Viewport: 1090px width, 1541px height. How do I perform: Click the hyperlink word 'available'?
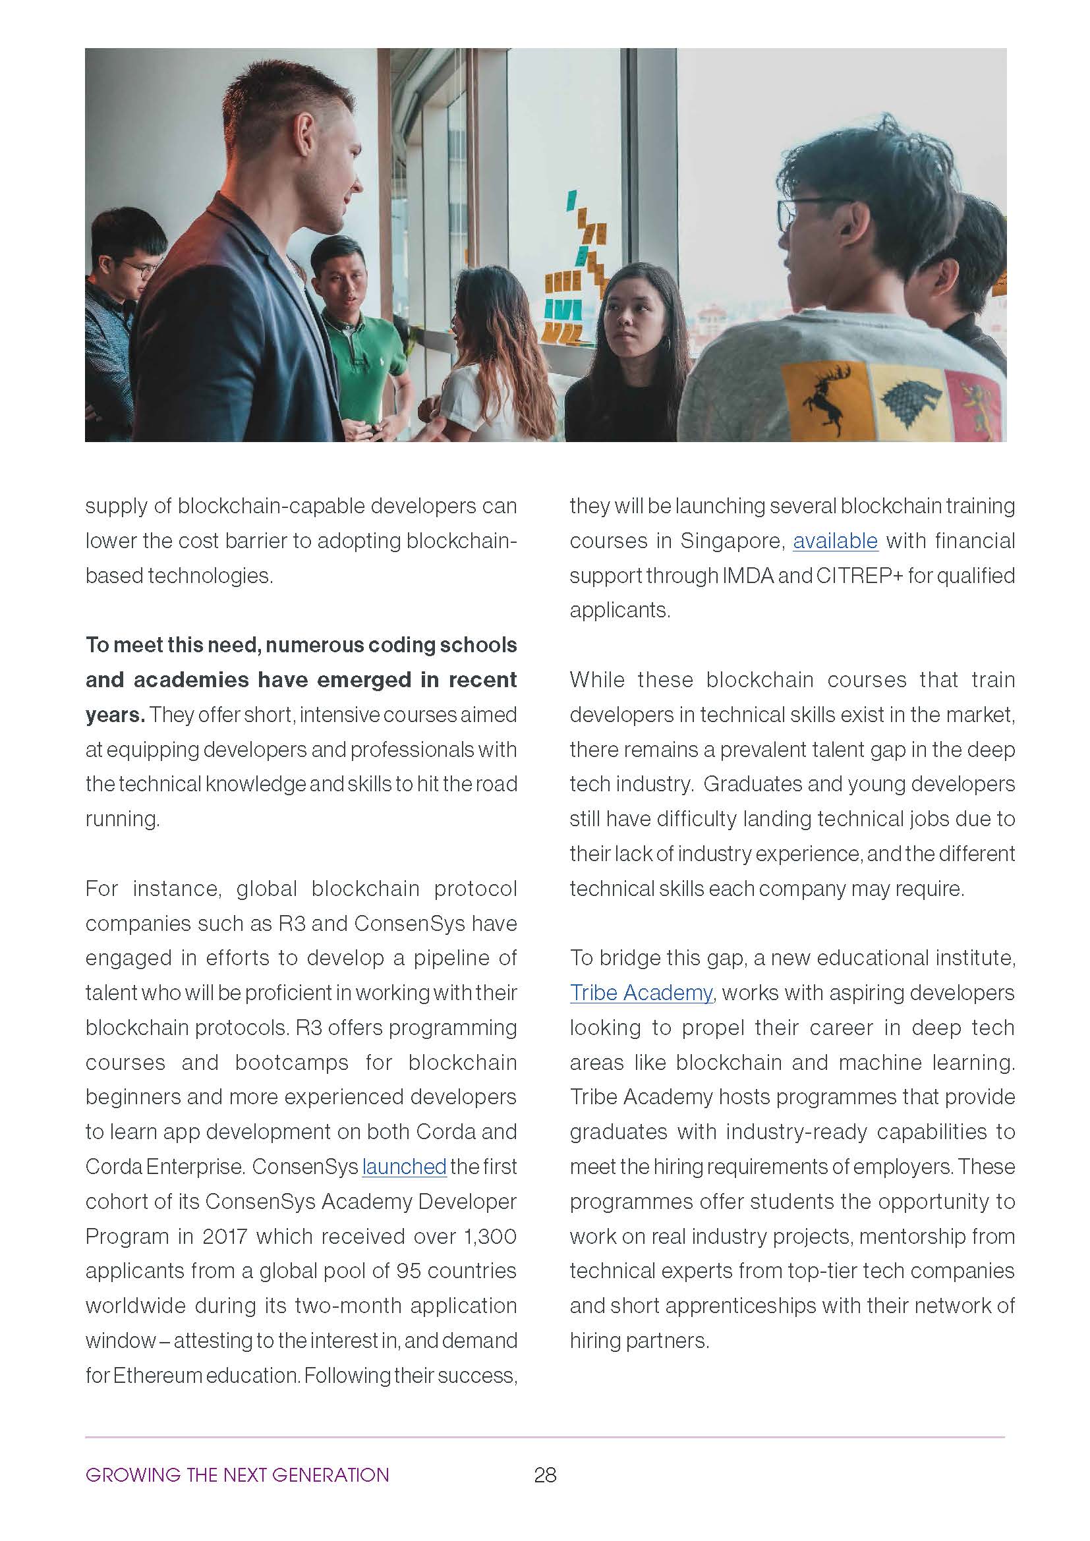(835, 541)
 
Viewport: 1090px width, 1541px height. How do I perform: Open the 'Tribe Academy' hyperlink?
(641, 993)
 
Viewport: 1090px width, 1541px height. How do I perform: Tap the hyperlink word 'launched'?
(404, 1167)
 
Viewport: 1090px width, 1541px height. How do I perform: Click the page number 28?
(545, 1474)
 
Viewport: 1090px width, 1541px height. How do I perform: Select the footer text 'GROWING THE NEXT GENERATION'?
(237, 1474)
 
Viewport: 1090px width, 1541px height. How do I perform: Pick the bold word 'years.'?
(115, 715)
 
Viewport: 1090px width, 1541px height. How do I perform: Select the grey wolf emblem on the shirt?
(907, 400)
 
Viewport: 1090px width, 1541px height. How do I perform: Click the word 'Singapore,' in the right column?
(732, 541)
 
